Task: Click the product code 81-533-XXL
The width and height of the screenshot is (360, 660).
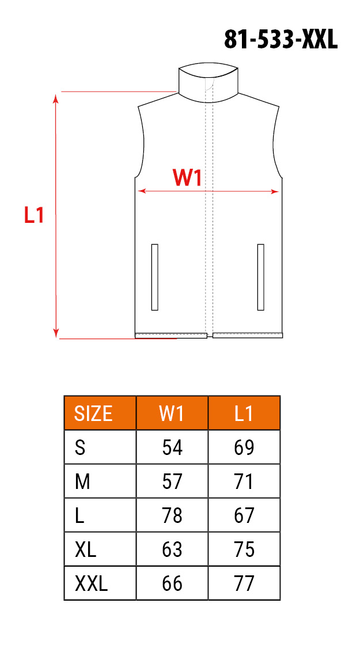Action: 281,40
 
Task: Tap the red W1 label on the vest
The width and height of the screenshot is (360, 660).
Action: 187,179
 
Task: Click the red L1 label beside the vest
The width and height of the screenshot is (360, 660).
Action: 34,215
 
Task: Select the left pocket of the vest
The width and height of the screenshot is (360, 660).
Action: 154,277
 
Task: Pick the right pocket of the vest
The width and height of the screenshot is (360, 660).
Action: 260,277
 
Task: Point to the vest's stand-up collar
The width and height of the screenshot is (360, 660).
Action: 209,82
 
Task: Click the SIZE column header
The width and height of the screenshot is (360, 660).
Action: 93,414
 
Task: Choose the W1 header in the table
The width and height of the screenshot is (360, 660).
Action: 172,414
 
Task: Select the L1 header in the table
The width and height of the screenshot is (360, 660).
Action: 244,414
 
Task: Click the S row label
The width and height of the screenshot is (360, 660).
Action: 80,447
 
